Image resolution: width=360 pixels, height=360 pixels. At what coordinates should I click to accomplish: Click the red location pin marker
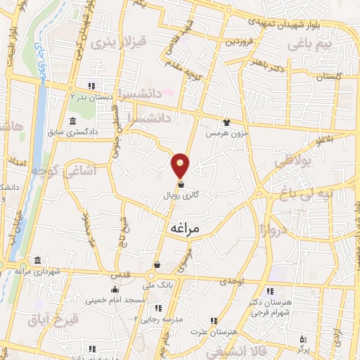point(181,165)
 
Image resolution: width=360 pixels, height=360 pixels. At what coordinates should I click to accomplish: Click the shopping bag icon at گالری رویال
point(181,185)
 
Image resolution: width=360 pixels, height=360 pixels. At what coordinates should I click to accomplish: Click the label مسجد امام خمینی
point(115,300)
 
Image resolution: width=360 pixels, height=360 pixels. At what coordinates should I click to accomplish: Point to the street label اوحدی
point(231,281)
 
